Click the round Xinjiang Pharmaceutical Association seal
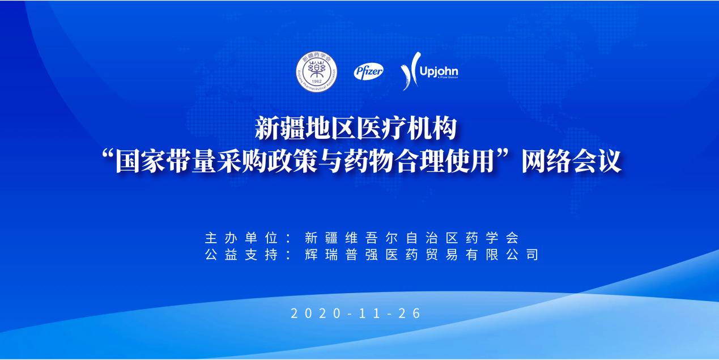click(316, 72)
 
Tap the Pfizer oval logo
click(369, 71)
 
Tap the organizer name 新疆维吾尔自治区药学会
click(411, 237)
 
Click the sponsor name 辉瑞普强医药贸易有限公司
click(420, 255)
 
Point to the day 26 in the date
click(411, 314)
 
